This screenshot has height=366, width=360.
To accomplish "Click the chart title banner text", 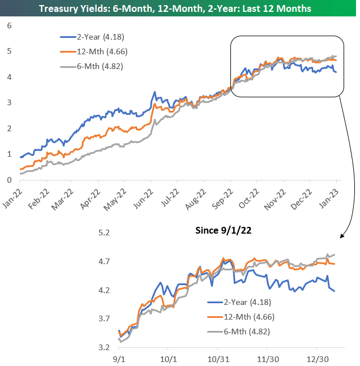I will click(x=180, y=8).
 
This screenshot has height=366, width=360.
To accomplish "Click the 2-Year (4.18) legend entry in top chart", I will click(x=94, y=37).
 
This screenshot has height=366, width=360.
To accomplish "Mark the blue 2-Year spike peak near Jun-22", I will click(x=154, y=92).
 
